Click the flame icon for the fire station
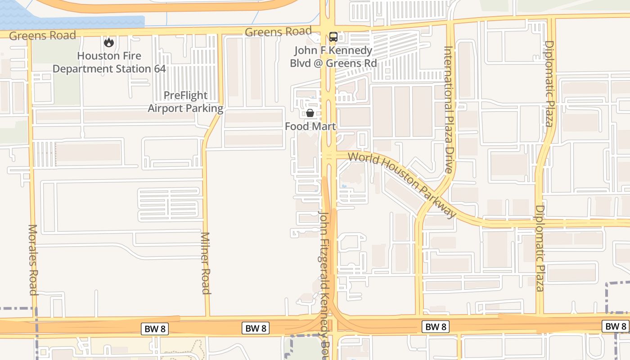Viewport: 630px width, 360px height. click(108, 43)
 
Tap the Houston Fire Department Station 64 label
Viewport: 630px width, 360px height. click(109, 63)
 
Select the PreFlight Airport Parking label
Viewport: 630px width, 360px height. click(185, 102)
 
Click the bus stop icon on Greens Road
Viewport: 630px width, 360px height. click(333, 37)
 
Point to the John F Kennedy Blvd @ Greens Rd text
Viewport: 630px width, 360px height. click(333, 57)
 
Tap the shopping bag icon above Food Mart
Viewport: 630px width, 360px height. click(310, 112)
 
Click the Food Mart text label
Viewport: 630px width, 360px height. click(310, 126)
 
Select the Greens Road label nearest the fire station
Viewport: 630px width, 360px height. click(42, 36)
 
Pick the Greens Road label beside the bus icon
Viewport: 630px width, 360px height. click(278, 31)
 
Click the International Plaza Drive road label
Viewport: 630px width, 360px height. click(449, 109)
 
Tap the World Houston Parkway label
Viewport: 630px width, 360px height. click(402, 184)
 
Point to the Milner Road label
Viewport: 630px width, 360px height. click(205, 263)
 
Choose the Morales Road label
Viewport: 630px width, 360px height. click(33, 260)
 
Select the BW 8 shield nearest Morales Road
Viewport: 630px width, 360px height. click(155, 329)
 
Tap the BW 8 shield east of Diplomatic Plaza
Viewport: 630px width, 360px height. click(615, 326)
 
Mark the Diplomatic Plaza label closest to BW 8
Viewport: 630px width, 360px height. click(540, 248)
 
